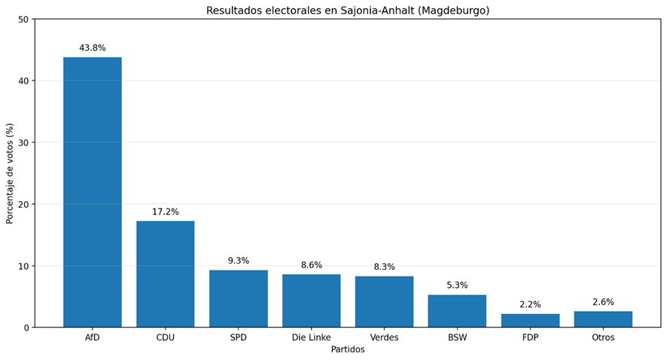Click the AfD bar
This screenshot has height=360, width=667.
(93, 192)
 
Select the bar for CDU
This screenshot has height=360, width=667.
(166, 274)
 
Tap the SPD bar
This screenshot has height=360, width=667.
(238, 299)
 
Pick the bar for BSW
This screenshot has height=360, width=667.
(457, 311)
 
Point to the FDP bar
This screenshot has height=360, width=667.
(530, 321)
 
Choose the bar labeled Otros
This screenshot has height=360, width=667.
(603, 319)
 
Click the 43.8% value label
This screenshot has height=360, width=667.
(93, 48)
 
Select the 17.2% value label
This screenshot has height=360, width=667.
(166, 212)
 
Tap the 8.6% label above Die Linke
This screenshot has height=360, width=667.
(312, 265)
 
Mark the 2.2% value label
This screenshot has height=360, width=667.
(530, 305)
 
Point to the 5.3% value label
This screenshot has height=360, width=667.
(457, 285)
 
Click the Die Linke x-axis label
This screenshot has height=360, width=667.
(312, 337)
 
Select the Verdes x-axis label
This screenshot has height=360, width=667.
(384, 337)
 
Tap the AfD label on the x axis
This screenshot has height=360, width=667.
(93, 337)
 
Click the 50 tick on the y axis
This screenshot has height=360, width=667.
(24, 19)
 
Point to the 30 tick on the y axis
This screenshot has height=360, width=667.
(24, 142)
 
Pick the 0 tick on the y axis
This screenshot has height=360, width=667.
(26, 328)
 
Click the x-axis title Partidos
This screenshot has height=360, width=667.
(348, 349)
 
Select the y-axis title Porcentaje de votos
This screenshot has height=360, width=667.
(10, 174)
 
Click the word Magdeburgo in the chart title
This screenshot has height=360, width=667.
(453, 11)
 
